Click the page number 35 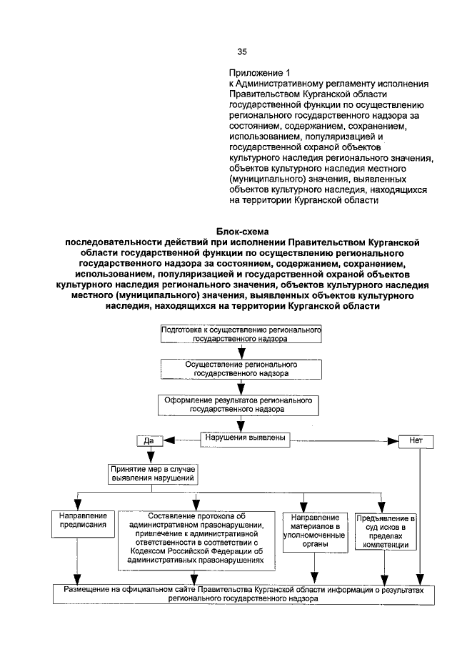pos(241,51)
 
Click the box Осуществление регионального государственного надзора pos(241,368)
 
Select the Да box pos(149,441)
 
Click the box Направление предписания pos(79,520)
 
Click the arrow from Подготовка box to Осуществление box pos(242,351)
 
